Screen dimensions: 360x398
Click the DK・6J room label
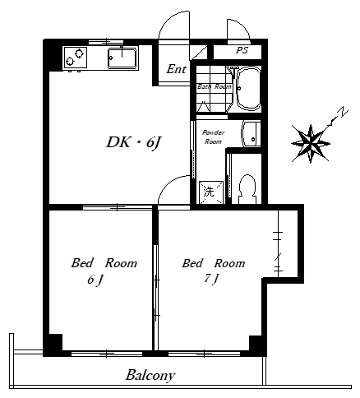coord(133,142)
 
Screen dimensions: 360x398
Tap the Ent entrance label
coord(177,69)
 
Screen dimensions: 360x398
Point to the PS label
coord(242,50)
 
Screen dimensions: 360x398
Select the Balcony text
coord(150,376)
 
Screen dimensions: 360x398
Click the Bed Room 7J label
coord(214,271)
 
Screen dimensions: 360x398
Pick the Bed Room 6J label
coord(104,271)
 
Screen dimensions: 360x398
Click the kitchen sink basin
coord(122,58)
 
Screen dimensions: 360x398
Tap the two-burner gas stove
coord(76,58)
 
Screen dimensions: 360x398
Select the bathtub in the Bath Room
coord(248,88)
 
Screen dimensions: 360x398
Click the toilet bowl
coord(247,189)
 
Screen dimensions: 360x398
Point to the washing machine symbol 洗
coord(211,192)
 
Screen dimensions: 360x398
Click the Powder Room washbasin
coord(251,134)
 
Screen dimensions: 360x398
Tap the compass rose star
coord(311,143)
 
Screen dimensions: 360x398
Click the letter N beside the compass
coord(343,113)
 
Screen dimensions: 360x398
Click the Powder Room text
coord(213,137)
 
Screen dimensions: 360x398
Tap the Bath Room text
coord(215,86)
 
